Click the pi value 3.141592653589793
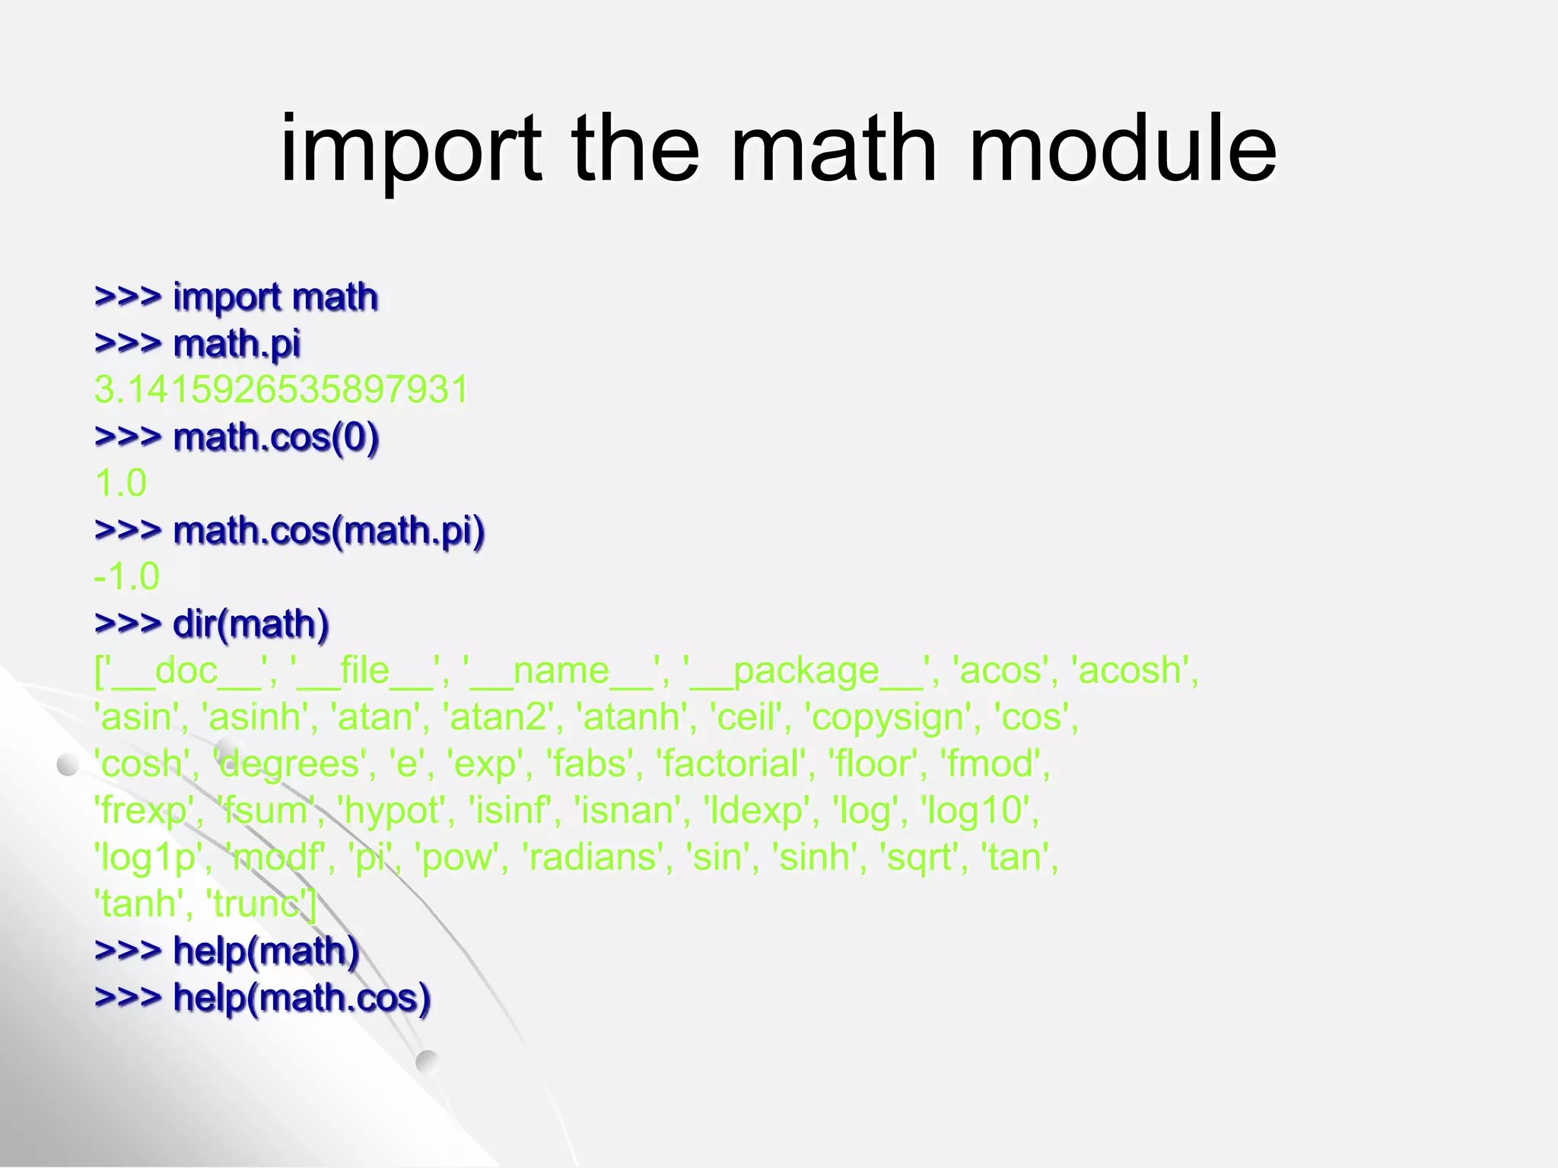[x=281, y=389]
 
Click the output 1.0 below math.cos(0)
[x=121, y=484]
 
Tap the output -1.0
[x=127, y=577]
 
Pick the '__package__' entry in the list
[x=806, y=671]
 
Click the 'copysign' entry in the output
[x=887, y=718]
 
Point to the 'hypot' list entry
[x=392, y=811]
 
